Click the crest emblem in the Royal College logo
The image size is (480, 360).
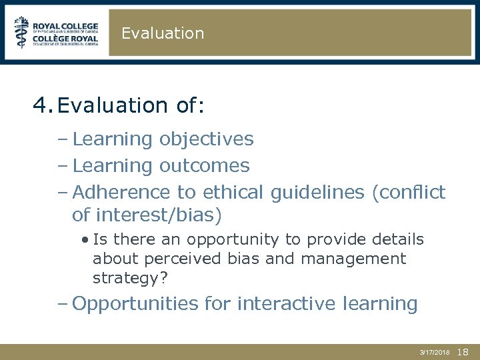pos(22,33)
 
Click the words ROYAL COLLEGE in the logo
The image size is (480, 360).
pos(65,22)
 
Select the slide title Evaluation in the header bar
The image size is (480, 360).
pos(163,33)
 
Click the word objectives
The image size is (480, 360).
pos(206,139)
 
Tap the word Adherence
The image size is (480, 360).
pos(122,192)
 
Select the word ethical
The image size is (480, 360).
pos(232,192)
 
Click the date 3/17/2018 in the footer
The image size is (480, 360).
pos(435,351)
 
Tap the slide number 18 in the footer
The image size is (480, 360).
pos(464,351)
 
